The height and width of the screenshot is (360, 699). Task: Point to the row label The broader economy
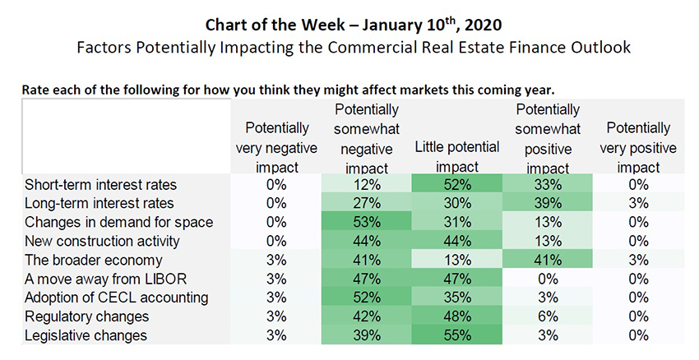(82, 261)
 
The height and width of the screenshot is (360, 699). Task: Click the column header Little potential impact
(456, 155)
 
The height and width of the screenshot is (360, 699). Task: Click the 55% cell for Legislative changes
(456, 335)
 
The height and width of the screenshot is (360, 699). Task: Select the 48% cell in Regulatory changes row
(456, 316)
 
